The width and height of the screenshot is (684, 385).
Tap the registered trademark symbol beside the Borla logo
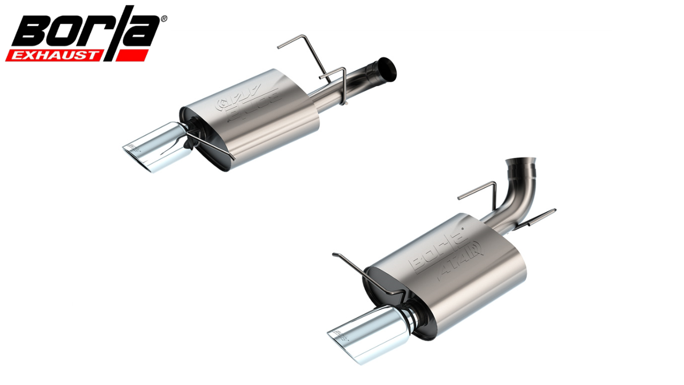pyautogui.click(x=164, y=19)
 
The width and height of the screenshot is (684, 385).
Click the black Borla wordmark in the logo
pyautogui.click(x=85, y=29)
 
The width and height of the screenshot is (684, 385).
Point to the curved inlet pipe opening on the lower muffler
pyautogui.click(x=522, y=161)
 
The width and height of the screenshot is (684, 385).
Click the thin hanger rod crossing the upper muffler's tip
pyautogui.click(x=214, y=144)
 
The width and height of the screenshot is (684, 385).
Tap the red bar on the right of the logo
pyautogui.click(x=131, y=55)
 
